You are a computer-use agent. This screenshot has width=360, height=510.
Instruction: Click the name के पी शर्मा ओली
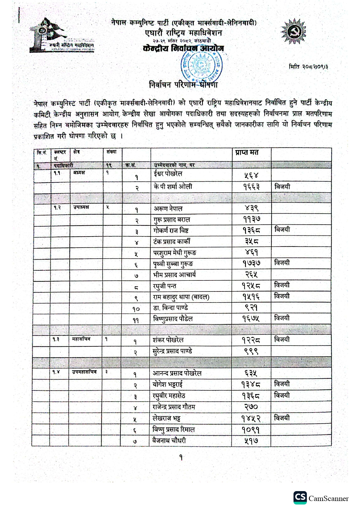[173, 187]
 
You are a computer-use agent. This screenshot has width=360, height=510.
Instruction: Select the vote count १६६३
[251, 187]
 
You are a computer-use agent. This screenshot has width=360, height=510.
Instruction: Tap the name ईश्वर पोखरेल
[168, 174]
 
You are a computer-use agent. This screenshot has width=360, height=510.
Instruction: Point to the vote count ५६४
[251, 175]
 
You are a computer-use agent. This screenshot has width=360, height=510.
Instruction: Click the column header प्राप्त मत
[247, 153]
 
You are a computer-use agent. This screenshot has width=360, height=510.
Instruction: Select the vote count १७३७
[251, 263]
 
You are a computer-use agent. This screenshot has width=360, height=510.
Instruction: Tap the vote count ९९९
[251, 351]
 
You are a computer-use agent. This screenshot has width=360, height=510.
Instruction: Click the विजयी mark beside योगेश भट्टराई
[282, 384]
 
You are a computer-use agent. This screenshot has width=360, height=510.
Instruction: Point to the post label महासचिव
[81, 339]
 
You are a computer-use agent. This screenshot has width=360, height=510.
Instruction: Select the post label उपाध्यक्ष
[81, 207]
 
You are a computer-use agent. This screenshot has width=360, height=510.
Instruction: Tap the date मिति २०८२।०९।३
[308, 67]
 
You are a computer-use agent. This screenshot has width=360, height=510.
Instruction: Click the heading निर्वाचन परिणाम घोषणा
[183, 85]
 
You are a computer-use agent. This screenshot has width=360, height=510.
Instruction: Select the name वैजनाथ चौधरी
[169, 440]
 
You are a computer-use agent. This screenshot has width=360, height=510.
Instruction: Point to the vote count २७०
[251, 407]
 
